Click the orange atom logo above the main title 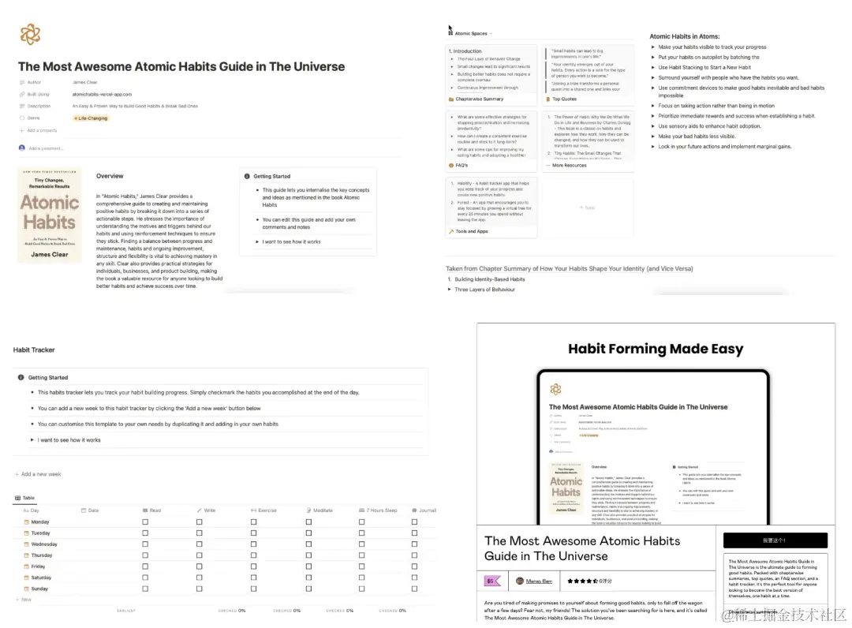(x=30, y=34)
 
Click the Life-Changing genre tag (x=91, y=118)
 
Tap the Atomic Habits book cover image (x=50, y=215)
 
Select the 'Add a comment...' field (x=46, y=148)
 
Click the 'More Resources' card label (x=570, y=166)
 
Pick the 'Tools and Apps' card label (x=472, y=231)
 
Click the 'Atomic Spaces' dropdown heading (x=472, y=34)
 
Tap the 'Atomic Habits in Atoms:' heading (x=684, y=36)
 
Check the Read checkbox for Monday (x=145, y=521)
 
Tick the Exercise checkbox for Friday (x=253, y=566)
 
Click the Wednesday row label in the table (x=43, y=544)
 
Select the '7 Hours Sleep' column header (x=381, y=510)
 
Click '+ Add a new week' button (x=39, y=474)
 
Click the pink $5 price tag (x=492, y=581)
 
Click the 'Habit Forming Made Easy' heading (x=656, y=349)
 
